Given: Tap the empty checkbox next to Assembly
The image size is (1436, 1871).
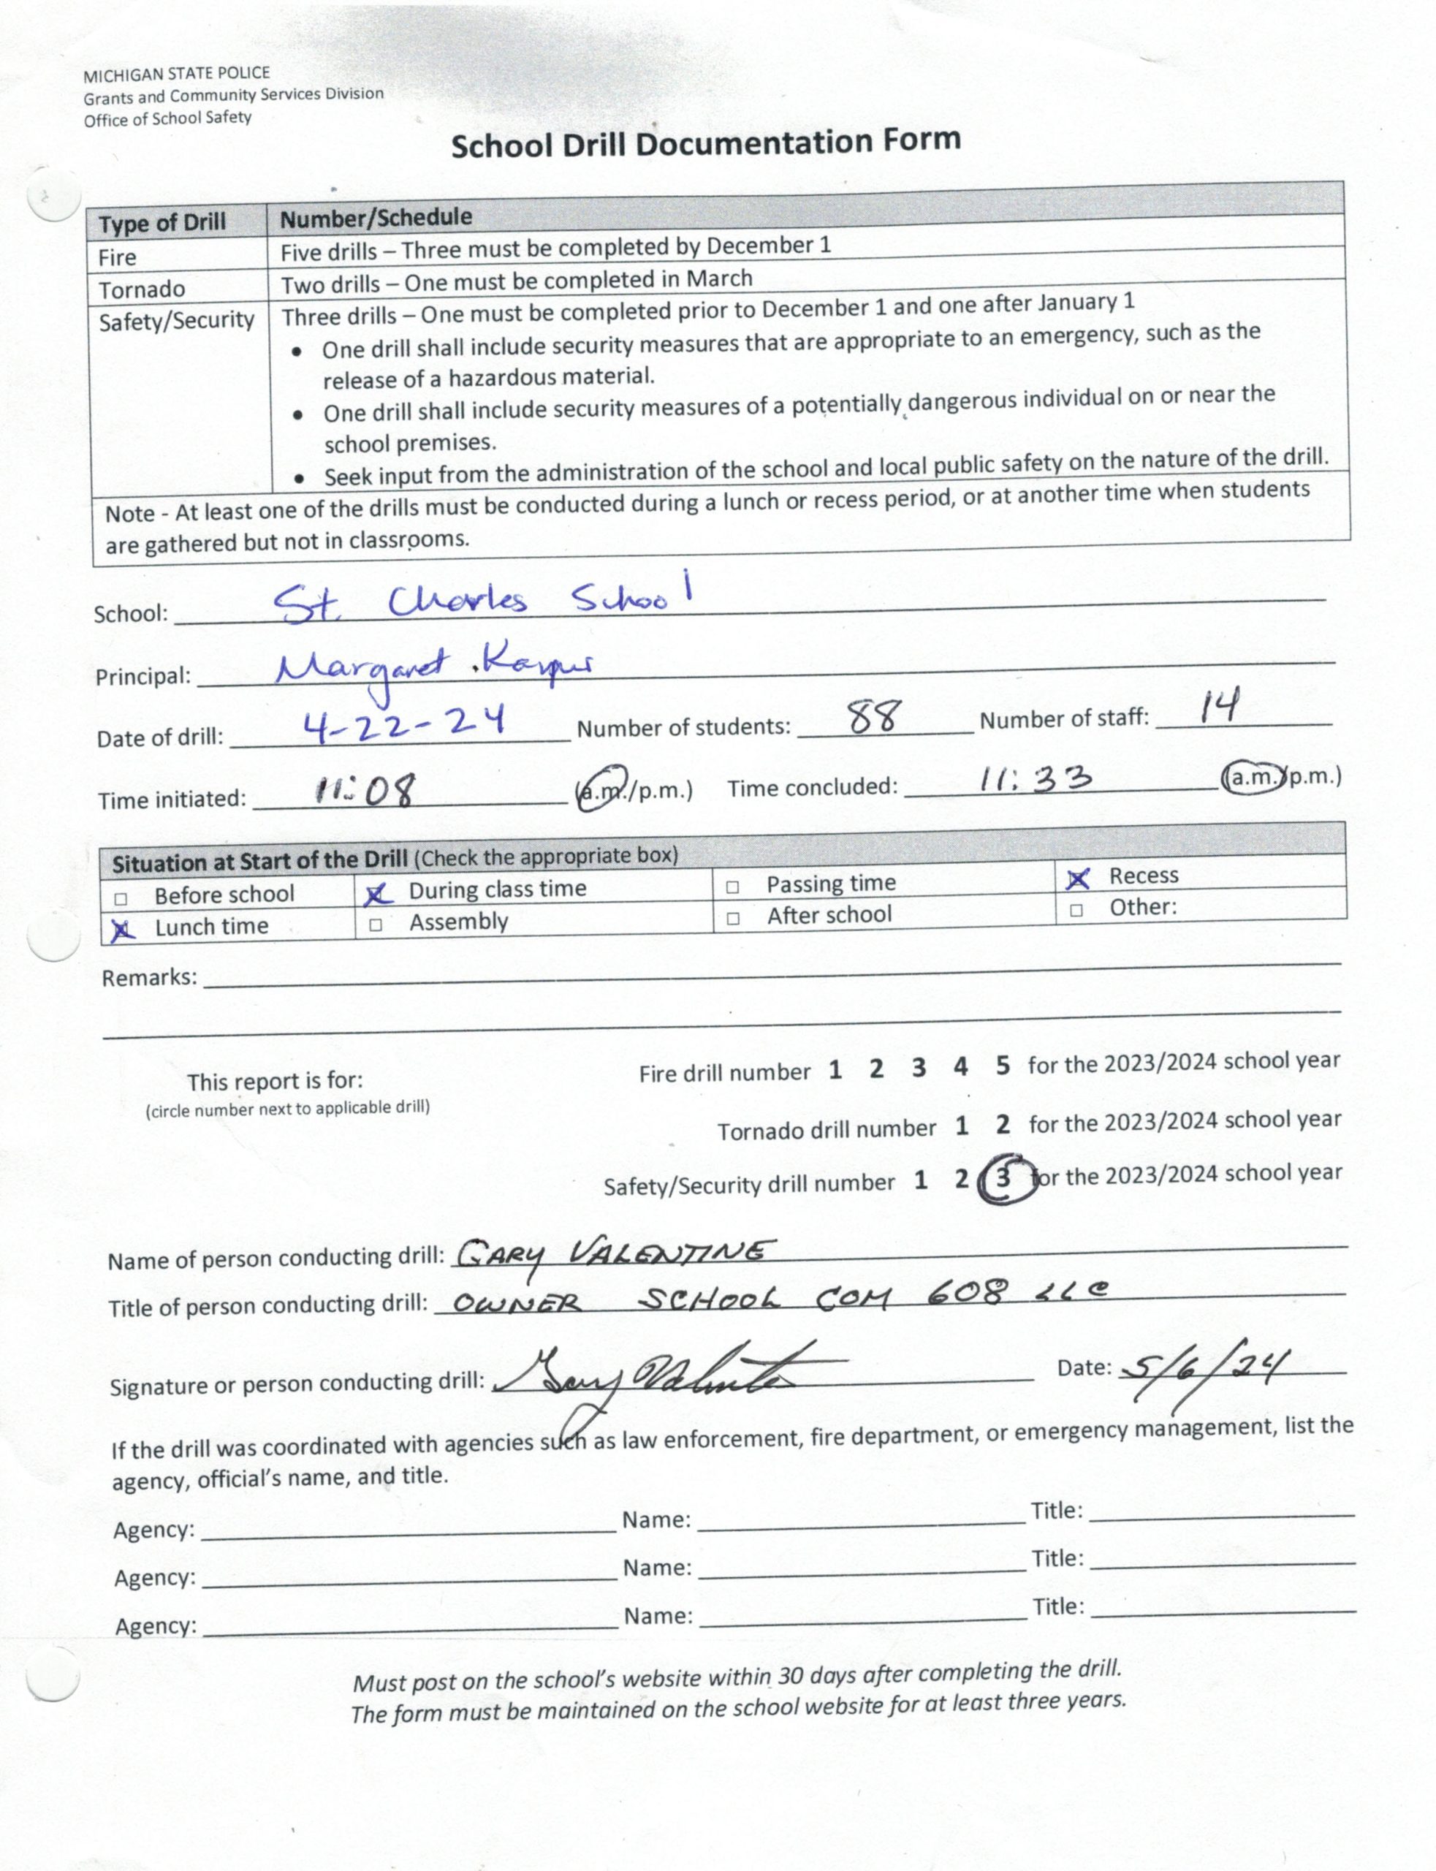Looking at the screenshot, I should click(374, 925).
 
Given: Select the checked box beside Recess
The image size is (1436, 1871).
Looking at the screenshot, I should click(1078, 878).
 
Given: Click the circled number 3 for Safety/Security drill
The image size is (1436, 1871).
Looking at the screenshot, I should click(1003, 1179).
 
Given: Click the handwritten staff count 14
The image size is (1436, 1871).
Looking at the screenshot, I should click(1219, 707).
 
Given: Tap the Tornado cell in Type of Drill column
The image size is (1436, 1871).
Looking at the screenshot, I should click(142, 289).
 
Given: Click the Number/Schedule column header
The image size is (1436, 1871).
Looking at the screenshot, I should click(376, 218).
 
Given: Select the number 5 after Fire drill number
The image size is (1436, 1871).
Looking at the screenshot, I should click(1003, 1066).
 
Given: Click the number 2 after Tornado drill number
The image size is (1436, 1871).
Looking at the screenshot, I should click(1003, 1124).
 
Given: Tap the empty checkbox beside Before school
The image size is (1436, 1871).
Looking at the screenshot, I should click(121, 898).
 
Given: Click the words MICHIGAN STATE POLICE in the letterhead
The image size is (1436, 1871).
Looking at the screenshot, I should click(176, 75).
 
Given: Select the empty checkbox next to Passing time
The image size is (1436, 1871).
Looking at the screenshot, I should click(732, 887).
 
